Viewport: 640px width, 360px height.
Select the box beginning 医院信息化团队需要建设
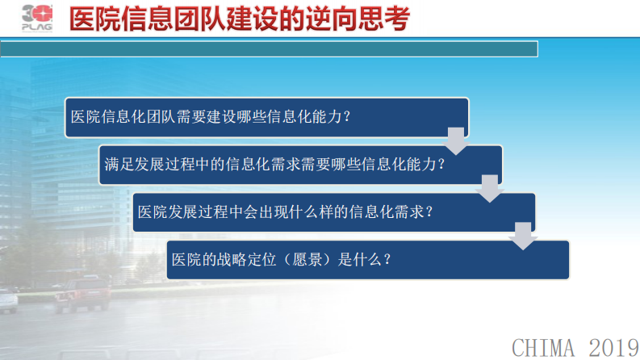point(266,116)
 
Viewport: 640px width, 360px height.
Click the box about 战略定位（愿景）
point(368,259)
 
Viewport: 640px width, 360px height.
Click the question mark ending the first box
point(347,116)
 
